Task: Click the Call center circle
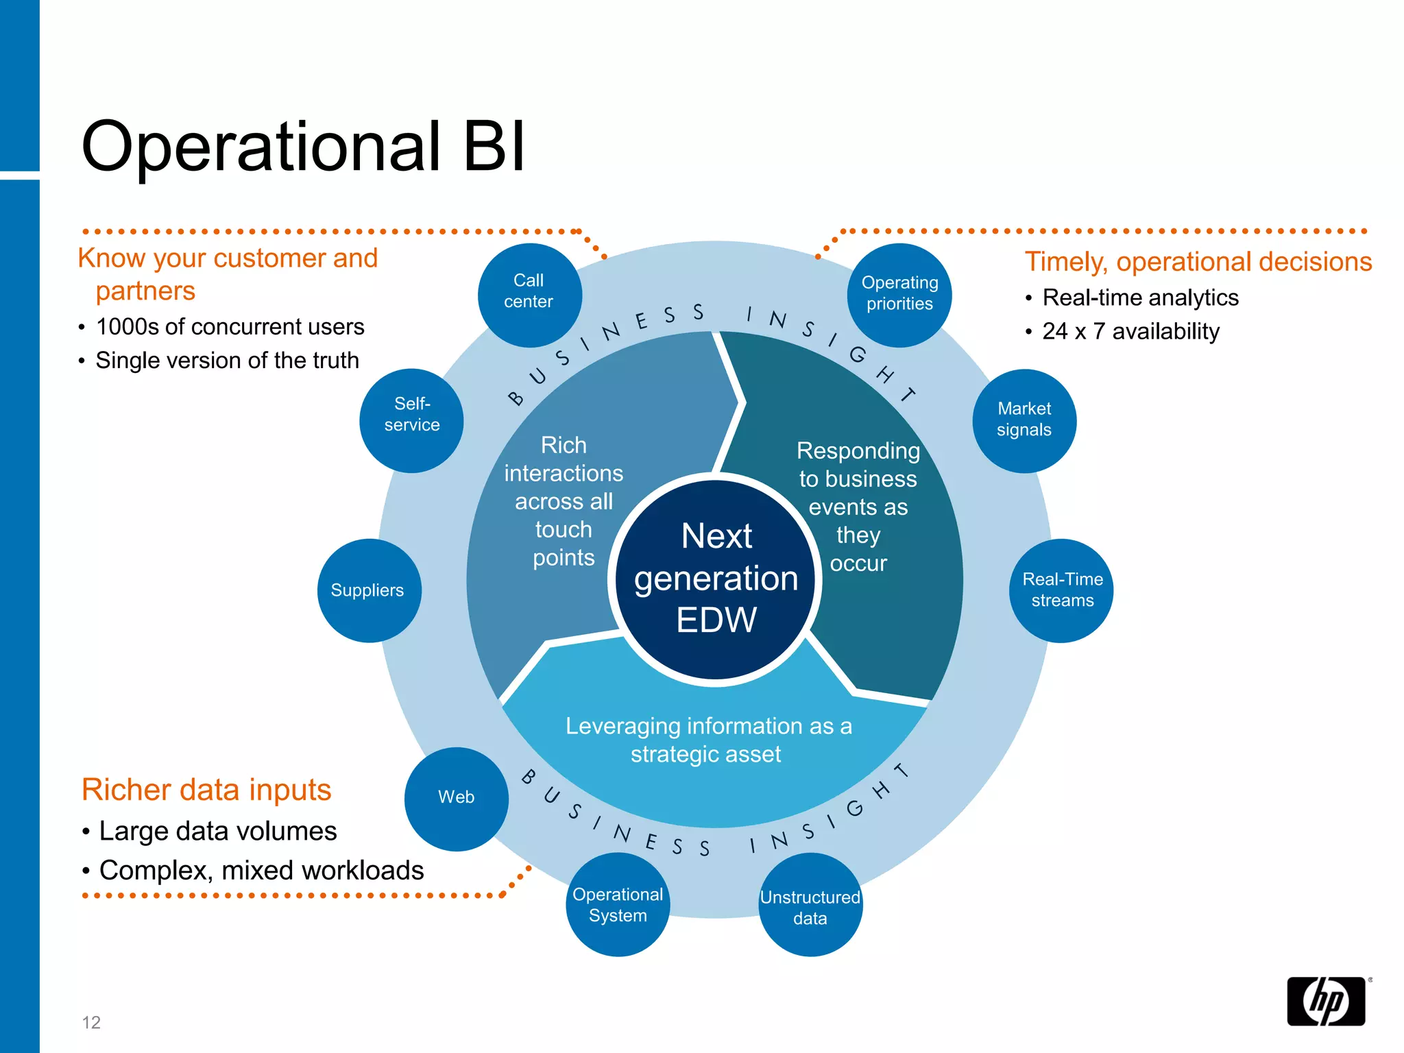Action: point(529,294)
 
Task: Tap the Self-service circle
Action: point(411,420)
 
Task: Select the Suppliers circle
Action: point(369,590)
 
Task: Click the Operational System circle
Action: point(618,904)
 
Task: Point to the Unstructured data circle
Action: point(810,905)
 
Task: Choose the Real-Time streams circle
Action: point(1061,590)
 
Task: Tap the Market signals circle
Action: point(1024,420)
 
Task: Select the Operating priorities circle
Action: point(899,295)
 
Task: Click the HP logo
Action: point(1326,1000)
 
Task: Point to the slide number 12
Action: point(91,1022)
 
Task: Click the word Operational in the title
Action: point(261,147)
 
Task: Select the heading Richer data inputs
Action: point(206,789)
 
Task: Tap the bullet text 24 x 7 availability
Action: point(1130,331)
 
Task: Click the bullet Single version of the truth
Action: point(227,360)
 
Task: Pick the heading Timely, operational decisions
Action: point(1198,261)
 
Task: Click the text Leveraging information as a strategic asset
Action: point(708,740)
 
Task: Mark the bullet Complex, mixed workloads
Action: point(261,870)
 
